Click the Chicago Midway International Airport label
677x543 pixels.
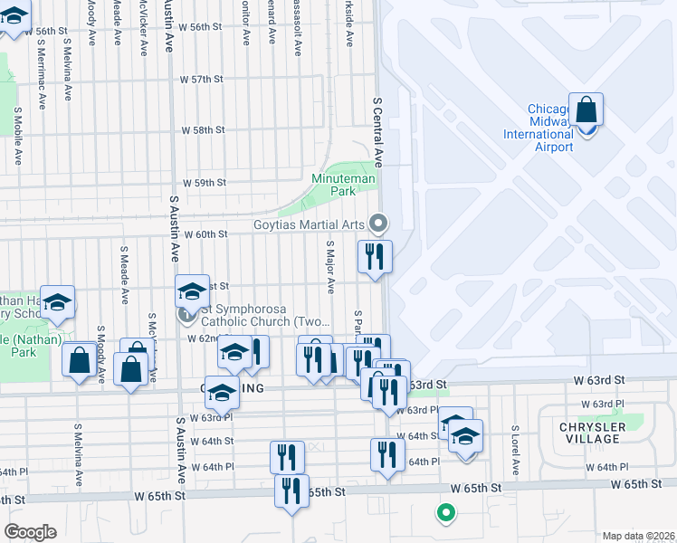(550, 129)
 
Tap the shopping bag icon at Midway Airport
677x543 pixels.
(586, 110)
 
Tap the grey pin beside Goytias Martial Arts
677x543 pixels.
(380, 222)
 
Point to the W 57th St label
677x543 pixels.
(202, 80)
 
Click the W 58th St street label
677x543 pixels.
(203, 130)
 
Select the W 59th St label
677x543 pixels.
(204, 183)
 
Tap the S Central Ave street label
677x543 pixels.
(380, 132)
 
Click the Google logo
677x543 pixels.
(30, 531)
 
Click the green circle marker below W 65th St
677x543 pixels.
(444, 514)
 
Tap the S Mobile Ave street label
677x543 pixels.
(17, 136)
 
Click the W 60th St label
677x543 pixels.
(205, 234)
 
